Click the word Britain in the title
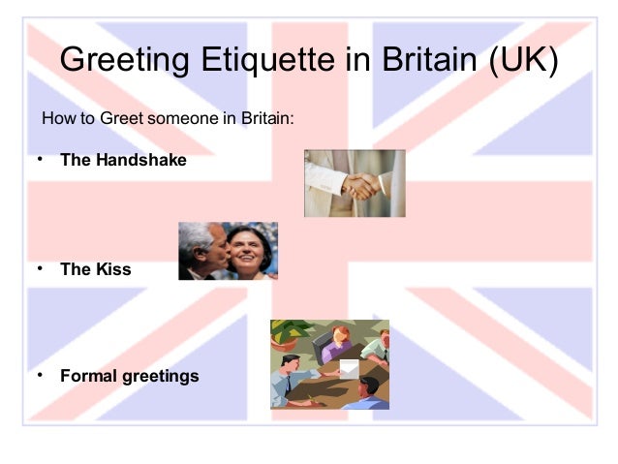click(x=425, y=60)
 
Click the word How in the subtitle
click(x=57, y=120)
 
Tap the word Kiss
click(x=112, y=269)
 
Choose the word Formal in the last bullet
click(x=88, y=375)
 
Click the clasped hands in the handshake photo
click(x=361, y=184)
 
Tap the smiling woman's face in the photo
click(x=249, y=254)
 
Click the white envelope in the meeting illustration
click(x=349, y=369)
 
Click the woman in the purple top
click(x=339, y=342)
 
